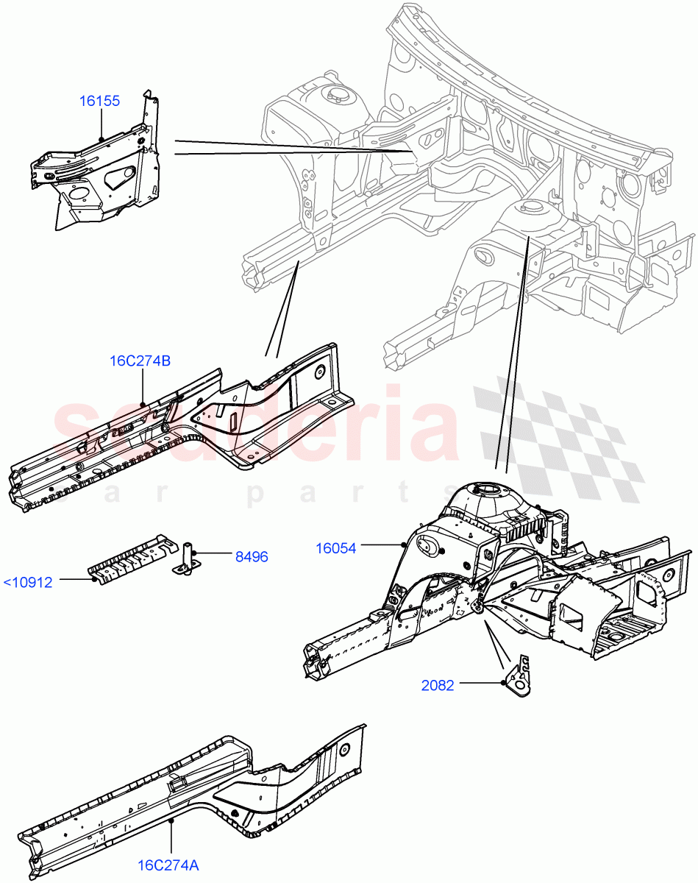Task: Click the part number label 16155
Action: (x=99, y=101)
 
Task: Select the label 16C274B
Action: (x=140, y=361)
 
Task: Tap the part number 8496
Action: (x=252, y=557)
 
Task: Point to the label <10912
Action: (x=28, y=583)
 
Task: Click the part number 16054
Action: (x=335, y=547)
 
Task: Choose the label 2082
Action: (x=438, y=685)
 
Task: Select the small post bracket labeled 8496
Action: (x=186, y=557)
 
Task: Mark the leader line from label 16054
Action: (x=381, y=545)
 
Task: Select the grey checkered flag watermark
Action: (x=559, y=441)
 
